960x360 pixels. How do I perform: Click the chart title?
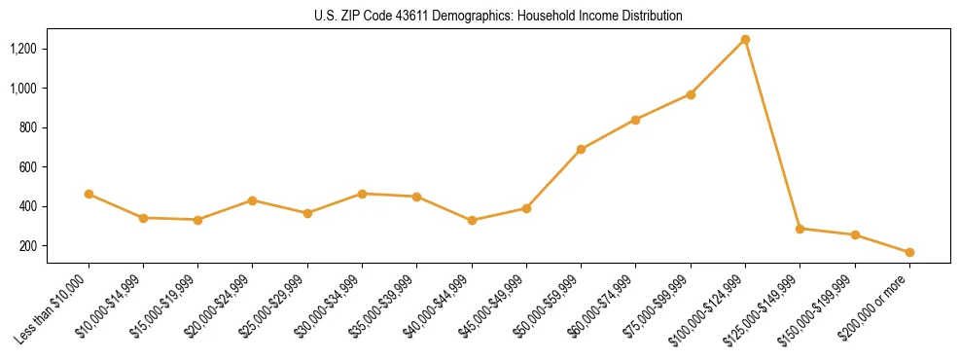click(479, 17)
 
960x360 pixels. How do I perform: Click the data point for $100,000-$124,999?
click(745, 39)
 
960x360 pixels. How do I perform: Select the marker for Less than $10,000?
click(89, 194)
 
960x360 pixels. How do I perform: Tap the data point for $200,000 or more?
click(909, 252)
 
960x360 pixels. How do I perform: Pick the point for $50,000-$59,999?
click(581, 149)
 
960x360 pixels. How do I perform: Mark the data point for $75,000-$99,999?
click(691, 94)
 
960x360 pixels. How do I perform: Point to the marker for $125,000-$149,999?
click(800, 229)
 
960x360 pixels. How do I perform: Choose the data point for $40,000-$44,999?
click(472, 220)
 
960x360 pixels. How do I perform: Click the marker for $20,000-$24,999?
click(253, 200)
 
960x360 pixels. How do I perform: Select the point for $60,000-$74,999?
click(635, 120)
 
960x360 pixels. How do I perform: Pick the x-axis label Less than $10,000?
click(57, 308)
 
